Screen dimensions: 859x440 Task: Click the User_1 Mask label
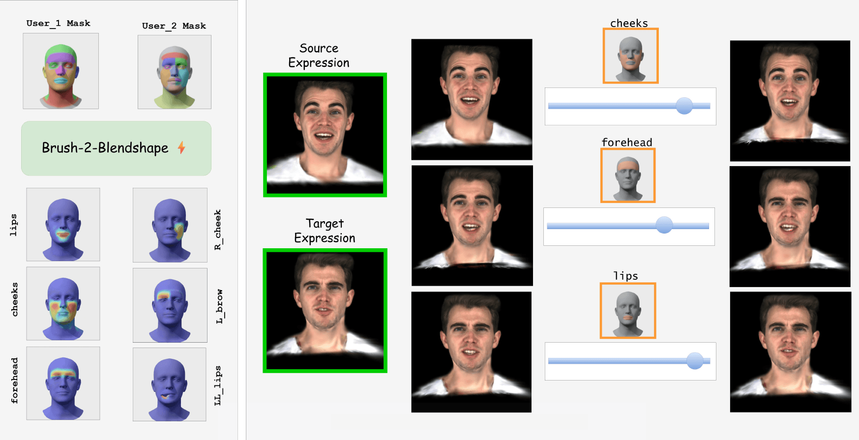58,23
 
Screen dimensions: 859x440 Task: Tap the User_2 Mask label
174,26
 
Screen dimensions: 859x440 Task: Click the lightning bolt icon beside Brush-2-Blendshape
181,147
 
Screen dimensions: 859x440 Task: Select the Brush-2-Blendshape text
105,148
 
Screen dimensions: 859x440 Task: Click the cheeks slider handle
684,106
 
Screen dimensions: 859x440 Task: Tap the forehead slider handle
664,225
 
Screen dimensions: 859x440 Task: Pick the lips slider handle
695,360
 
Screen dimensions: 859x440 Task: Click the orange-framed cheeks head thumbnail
630,56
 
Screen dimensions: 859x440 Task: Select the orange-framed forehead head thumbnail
628,176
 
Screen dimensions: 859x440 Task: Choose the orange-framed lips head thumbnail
628,311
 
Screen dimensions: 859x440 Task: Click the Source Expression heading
319,56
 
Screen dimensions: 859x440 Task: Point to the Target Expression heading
325,231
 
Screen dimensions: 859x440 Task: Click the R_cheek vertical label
218,230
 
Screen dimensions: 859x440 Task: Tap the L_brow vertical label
219,306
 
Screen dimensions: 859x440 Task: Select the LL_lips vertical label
217,385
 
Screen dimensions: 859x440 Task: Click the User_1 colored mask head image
61,71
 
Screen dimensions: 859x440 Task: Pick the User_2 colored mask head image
175,72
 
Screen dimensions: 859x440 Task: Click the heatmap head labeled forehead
63,383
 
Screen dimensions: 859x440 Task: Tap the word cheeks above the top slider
629,23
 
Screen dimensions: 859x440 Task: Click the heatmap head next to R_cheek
170,225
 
